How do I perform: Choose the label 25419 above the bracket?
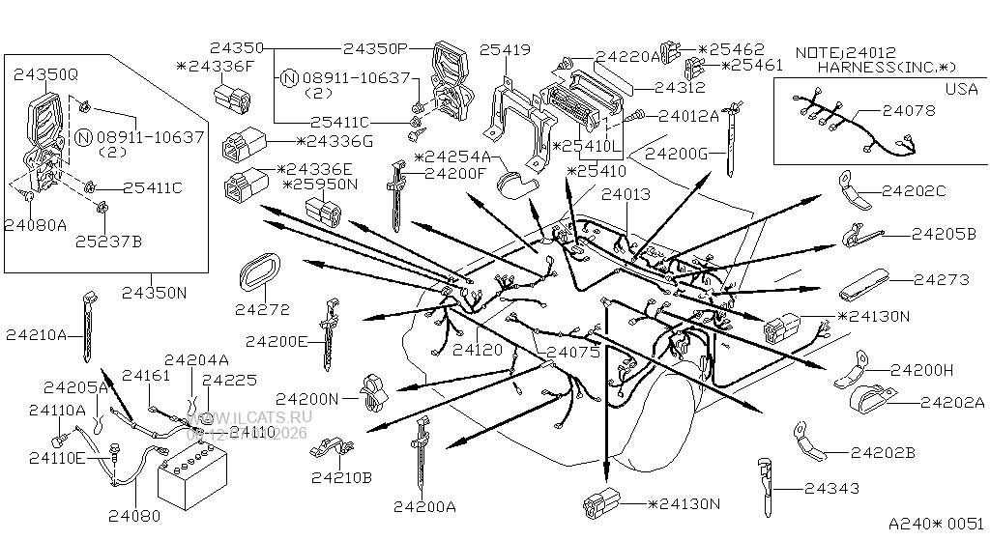click(x=505, y=47)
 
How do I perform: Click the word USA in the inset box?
click(x=960, y=88)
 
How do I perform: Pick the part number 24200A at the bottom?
click(x=424, y=506)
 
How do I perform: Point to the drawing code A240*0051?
click(x=936, y=523)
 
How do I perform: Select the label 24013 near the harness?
click(x=626, y=193)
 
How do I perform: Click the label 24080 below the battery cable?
click(x=134, y=517)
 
